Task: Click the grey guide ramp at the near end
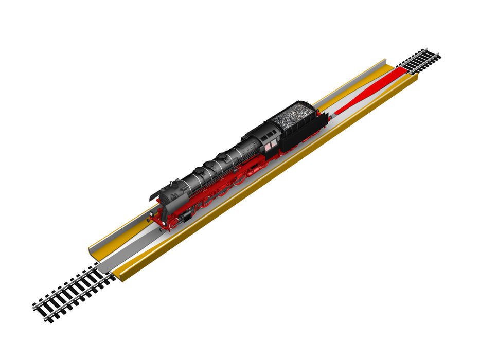[x=108, y=262]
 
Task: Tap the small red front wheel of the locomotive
[x=175, y=222]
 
